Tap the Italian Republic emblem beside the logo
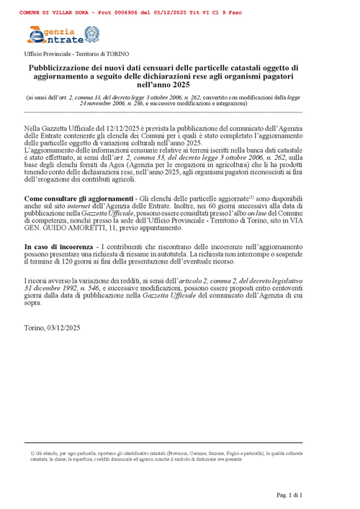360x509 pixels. (91, 34)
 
